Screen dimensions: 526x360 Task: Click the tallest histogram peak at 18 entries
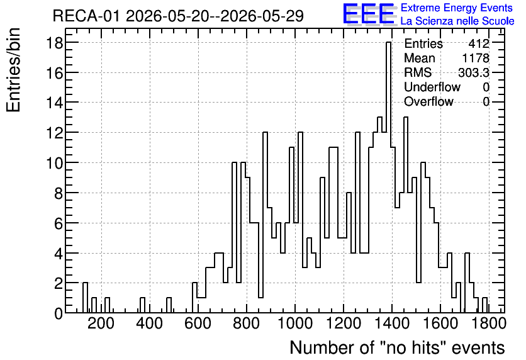click(x=388, y=43)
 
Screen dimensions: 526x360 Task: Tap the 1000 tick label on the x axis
click(x=295, y=323)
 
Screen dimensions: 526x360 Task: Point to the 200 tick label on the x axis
click(x=101, y=323)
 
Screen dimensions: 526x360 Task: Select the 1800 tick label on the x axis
click(x=488, y=323)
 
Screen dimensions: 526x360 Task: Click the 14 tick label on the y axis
click(x=54, y=103)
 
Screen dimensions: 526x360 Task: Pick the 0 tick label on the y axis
click(x=59, y=313)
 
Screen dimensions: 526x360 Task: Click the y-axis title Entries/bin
click(x=13, y=70)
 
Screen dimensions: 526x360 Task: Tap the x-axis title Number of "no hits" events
click(x=397, y=347)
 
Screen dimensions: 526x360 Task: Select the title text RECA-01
click(x=86, y=16)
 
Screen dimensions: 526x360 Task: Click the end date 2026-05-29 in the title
click(x=262, y=16)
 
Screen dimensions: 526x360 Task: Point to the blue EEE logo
click(x=369, y=14)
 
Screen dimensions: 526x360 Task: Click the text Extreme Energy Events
click(x=457, y=8)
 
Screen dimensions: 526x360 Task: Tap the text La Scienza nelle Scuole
click(x=457, y=21)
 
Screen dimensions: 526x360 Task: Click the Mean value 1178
click(x=476, y=58)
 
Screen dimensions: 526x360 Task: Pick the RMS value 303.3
click(x=474, y=72)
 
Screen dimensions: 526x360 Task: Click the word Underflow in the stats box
click(x=432, y=87)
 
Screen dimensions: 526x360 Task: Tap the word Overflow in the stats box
click(x=428, y=101)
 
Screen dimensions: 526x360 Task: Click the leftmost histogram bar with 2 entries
click(x=85, y=298)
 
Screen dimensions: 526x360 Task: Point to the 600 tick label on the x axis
click(x=198, y=323)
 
